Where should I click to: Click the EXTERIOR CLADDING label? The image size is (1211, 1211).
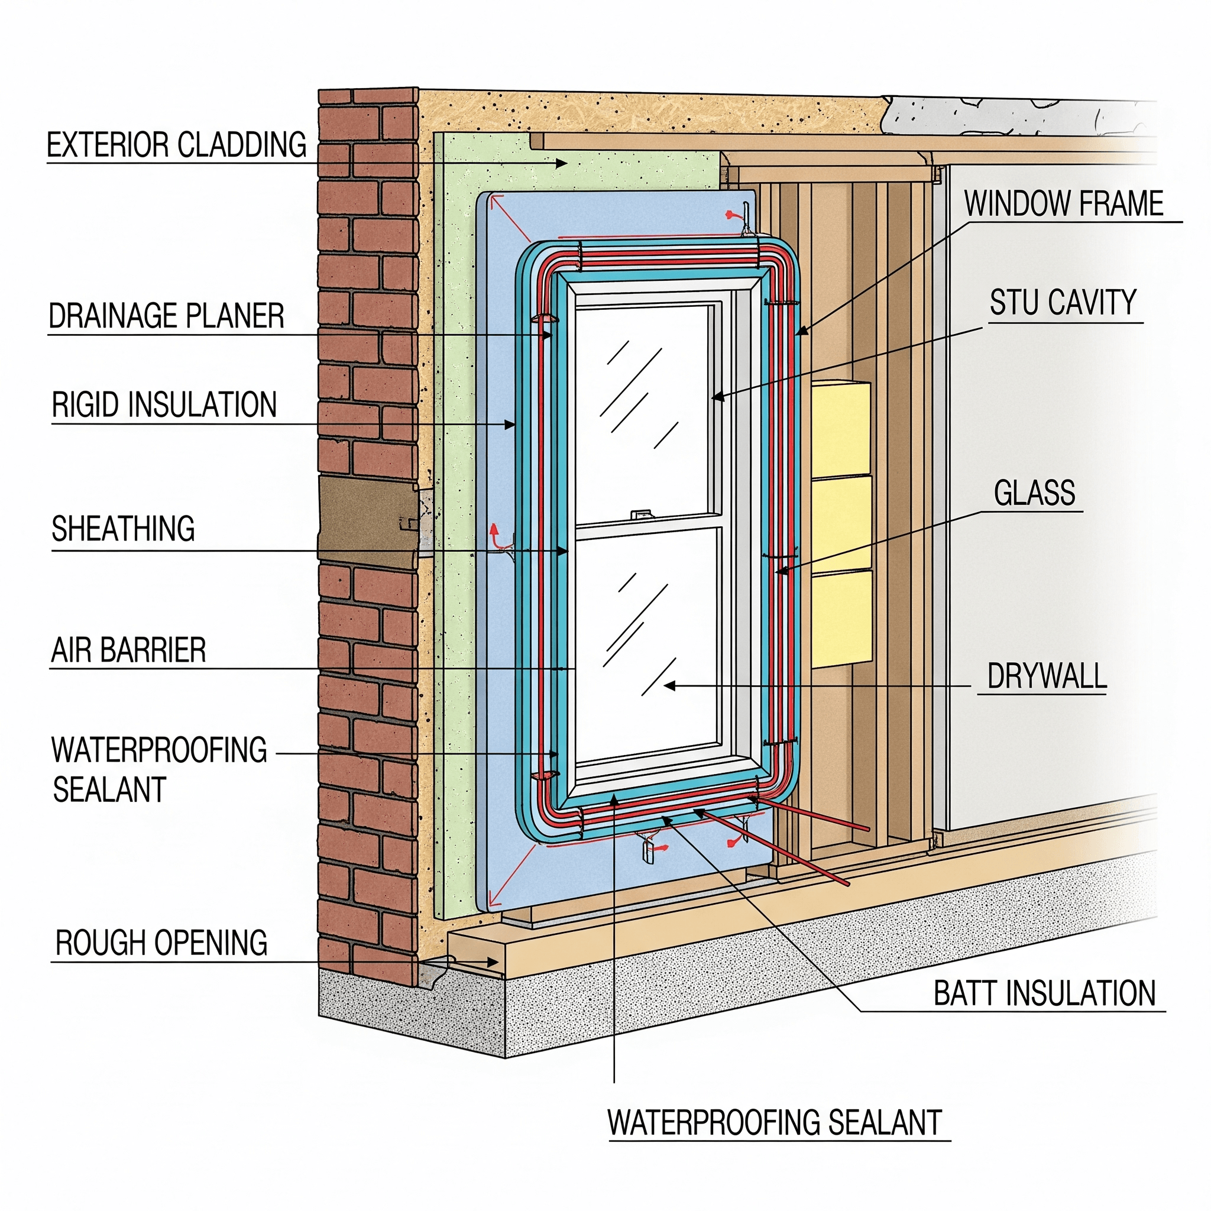click(x=177, y=145)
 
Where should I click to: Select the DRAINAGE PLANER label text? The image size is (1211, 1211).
click(x=167, y=316)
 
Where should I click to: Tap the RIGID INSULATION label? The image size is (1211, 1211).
click(x=164, y=405)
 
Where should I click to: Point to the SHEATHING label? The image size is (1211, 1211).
click(x=124, y=529)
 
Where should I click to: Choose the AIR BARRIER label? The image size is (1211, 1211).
click(x=128, y=650)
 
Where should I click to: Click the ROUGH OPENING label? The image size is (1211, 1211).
click(x=161, y=943)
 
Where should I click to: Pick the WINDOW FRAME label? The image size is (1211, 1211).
click(x=1064, y=204)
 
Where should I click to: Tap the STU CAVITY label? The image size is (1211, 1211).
click(x=1063, y=302)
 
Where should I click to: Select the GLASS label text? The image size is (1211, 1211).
click(x=1035, y=493)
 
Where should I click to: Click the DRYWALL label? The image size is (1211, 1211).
click(x=1047, y=676)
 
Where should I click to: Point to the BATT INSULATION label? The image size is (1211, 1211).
click(x=1045, y=993)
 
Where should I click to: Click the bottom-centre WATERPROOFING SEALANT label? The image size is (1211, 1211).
click(x=775, y=1123)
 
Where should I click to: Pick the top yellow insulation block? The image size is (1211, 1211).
click(x=841, y=430)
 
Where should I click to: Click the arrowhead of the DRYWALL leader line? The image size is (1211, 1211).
click(x=669, y=686)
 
